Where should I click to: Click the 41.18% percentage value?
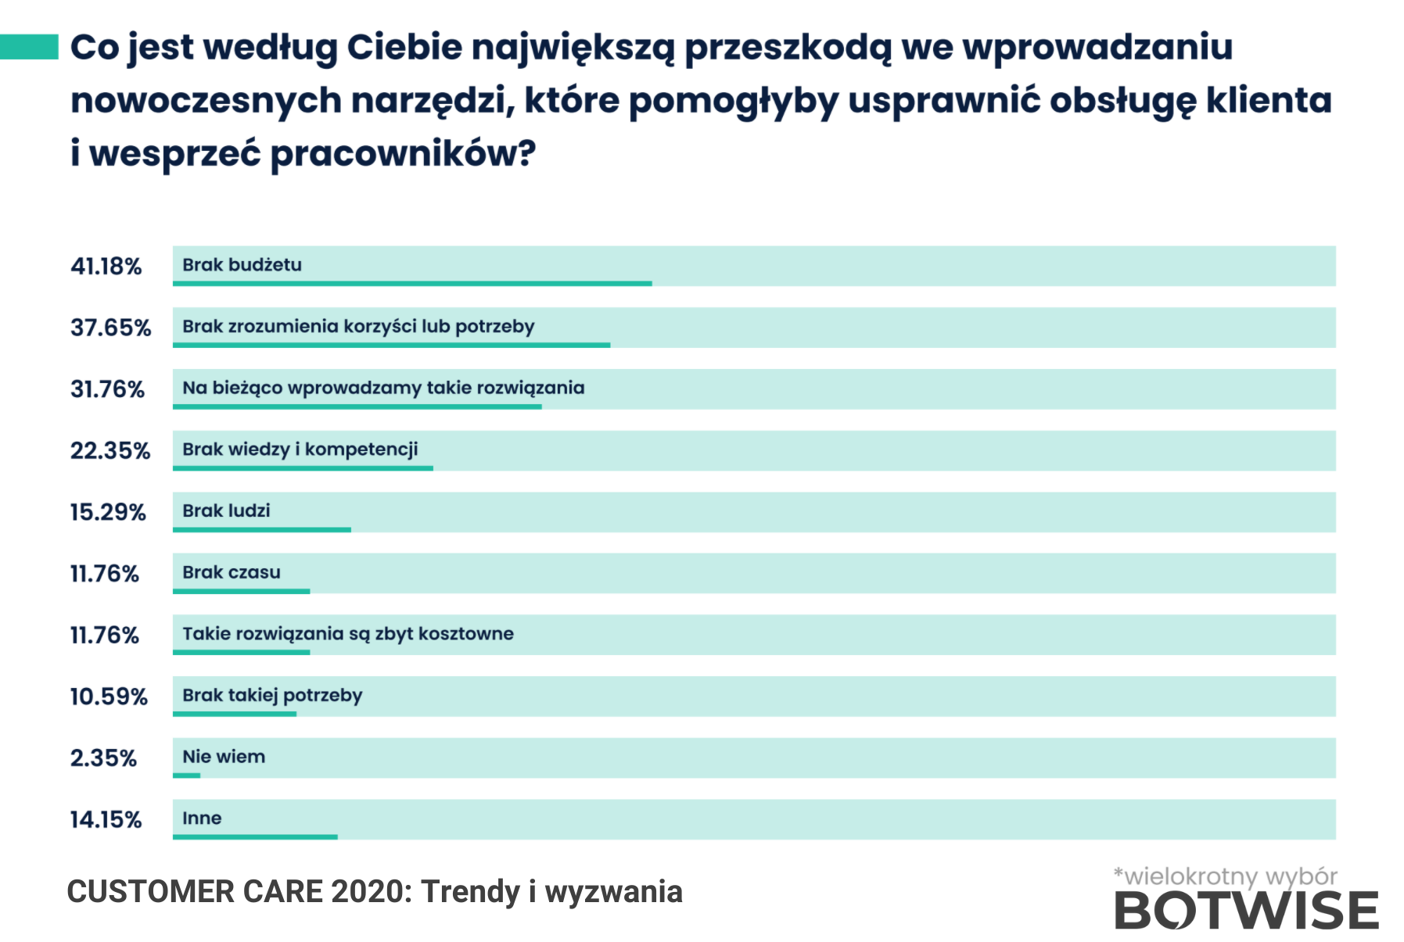click(106, 267)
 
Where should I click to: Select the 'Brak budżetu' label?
click(242, 265)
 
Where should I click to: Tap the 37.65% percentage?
click(110, 328)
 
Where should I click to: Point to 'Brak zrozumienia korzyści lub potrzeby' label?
click(358, 326)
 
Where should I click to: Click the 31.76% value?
click(107, 389)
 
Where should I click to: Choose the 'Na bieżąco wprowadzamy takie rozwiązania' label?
click(383, 388)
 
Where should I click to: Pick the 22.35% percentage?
click(110, 451)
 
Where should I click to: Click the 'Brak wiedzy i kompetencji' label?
click(300, 450)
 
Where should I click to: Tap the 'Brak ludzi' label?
click(226, 510)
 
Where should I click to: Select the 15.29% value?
click(108, 513)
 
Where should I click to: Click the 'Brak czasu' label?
click(231, 572)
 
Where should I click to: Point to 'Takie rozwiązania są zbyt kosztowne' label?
click(348, 633)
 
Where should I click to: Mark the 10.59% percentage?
click(109, 697)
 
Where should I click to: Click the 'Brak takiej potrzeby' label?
click(272, 695)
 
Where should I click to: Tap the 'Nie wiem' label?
click(224, 757)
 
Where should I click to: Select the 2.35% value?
click(103, 758)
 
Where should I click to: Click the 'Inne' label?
click(202, 818)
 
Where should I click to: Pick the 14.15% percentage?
click(106, 820)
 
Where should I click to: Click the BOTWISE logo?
click(1246, 912)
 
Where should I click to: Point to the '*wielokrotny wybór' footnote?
click(1225, 876)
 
